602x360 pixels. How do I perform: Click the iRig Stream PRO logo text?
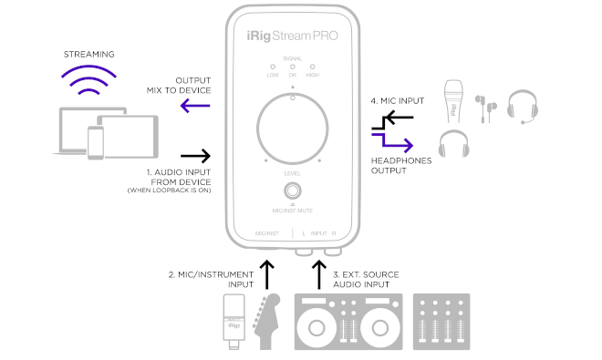click(292, 36)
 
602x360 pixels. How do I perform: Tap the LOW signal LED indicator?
click(273, 67)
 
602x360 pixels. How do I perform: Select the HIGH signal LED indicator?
click(313, 67)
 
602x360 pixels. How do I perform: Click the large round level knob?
click(293, 129)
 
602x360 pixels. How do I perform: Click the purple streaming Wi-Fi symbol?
click(88, 79)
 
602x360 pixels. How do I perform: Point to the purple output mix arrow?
click(195, 106)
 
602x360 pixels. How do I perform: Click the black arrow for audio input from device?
click(195, 156)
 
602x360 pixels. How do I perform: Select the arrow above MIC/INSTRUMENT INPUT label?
click(267, 274)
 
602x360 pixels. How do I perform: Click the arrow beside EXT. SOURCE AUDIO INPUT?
click(319, 274)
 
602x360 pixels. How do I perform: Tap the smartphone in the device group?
click(96, 142)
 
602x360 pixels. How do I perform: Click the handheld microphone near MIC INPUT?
click(453, 101)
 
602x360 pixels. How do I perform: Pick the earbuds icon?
click(485, 108)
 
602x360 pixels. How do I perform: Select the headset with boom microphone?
click(523, 107)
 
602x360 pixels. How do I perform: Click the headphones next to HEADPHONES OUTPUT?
click(454, 143)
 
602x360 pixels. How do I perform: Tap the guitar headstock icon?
click(266, 322)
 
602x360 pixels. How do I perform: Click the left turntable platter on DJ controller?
click(317, 328)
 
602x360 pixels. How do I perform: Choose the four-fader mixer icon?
click(441, 322)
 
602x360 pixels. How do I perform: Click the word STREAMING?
click(88, 55)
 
